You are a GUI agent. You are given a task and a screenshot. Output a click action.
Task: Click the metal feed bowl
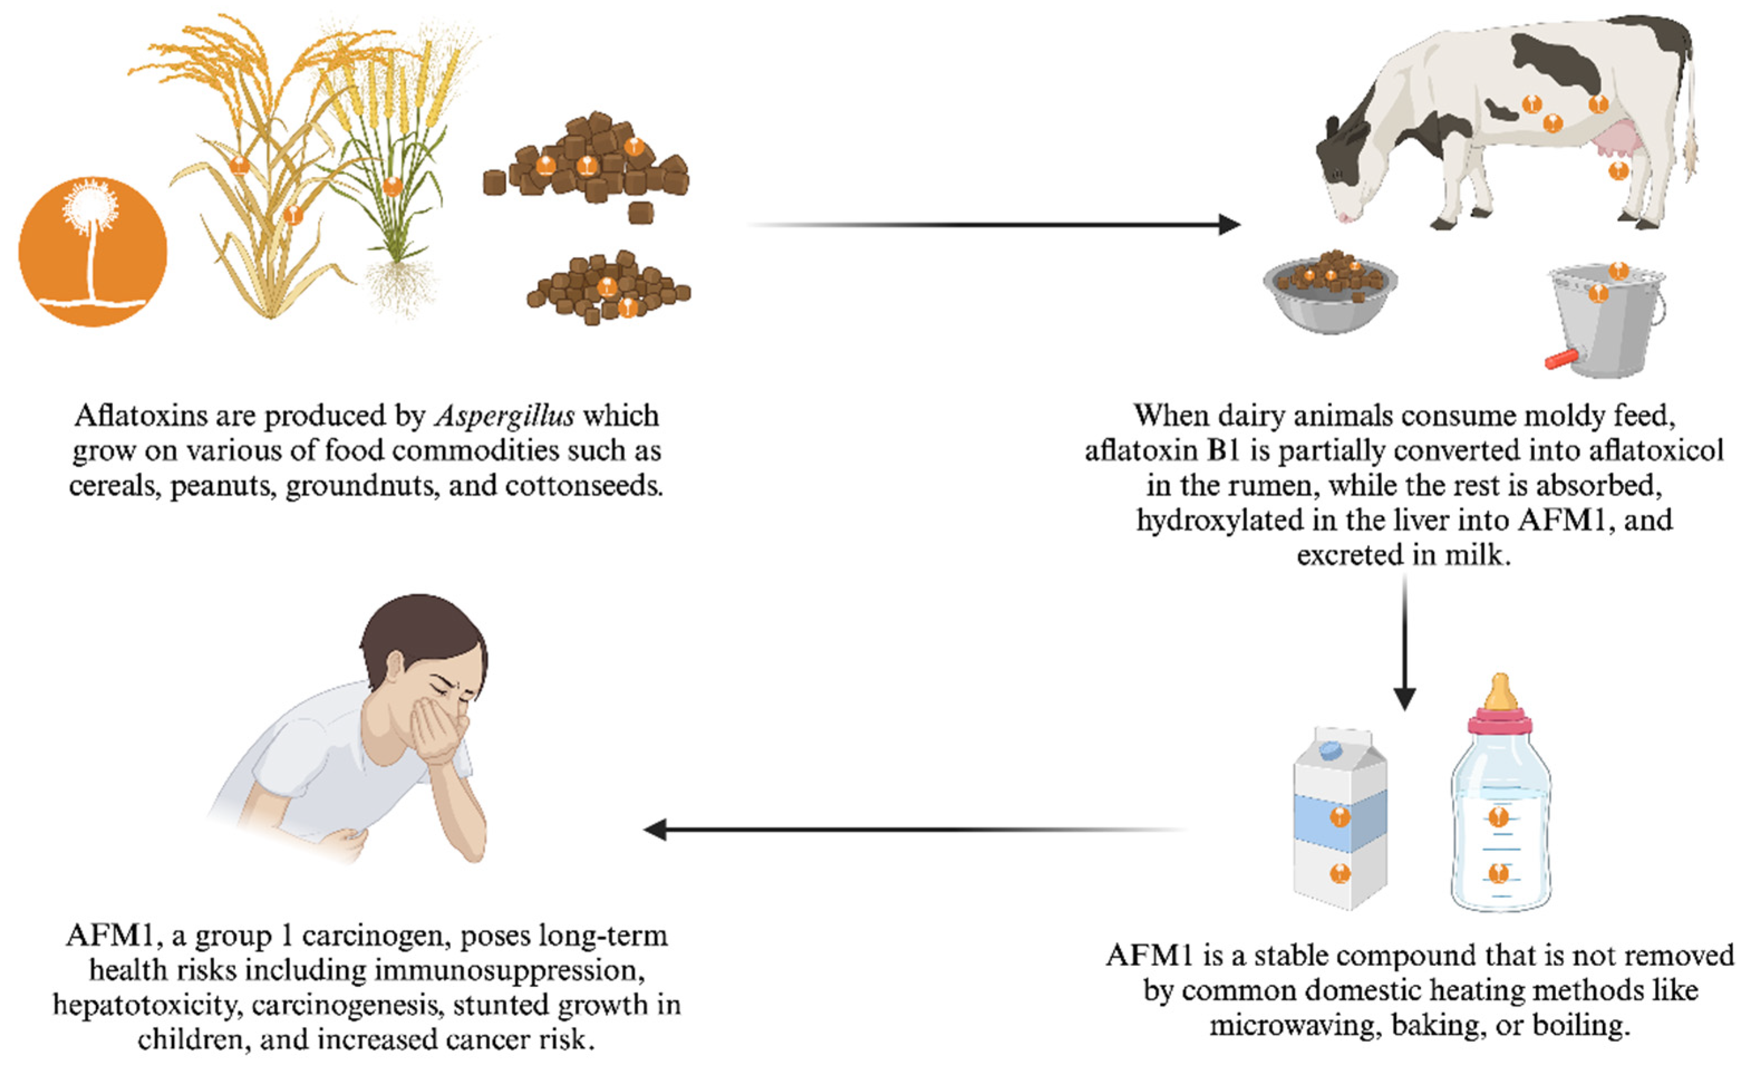point(1330,298)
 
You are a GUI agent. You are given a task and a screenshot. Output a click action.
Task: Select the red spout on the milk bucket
point(1562,359)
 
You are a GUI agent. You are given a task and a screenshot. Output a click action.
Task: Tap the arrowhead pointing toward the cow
point(1229,225)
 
